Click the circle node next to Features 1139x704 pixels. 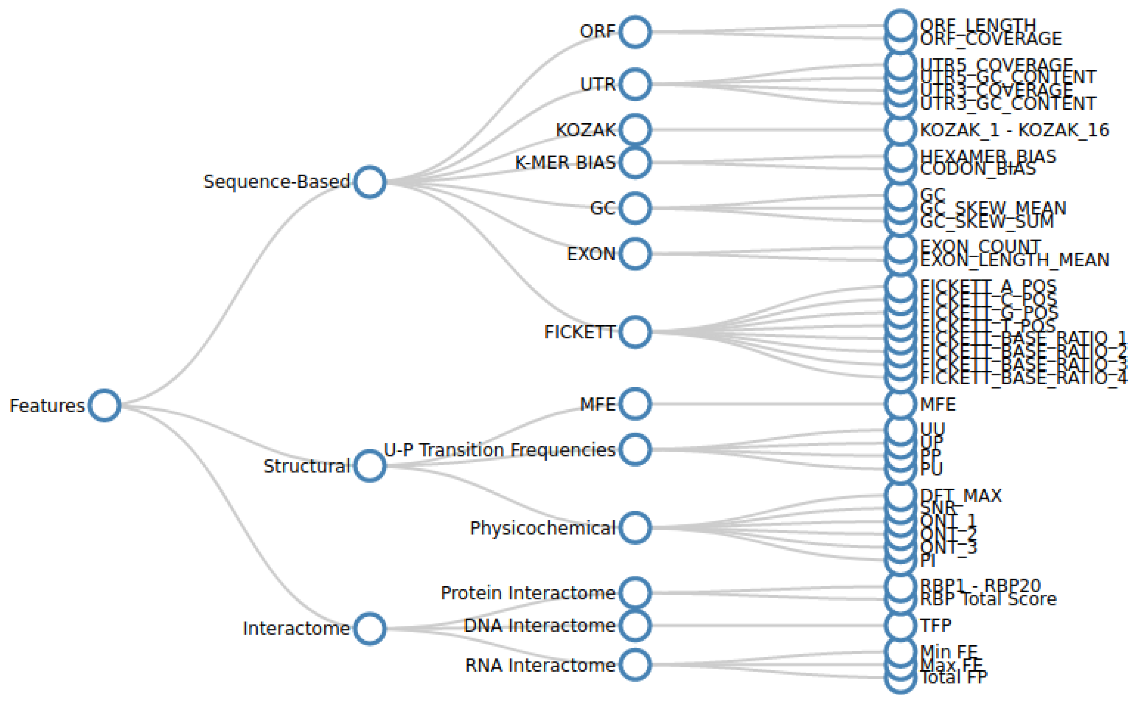(x=104, y=405)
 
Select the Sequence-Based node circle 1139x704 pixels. (x=369, y=182)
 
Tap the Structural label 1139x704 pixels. (x=306, y=466)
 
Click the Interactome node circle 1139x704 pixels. (x=369, y=628)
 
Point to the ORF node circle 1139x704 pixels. (x=635, y=32)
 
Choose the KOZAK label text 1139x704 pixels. (x=586, y=130)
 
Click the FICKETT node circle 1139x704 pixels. (x=635, y=332)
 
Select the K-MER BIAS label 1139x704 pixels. (x=565, y=162)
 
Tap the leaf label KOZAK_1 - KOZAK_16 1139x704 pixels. (x=1014, y=130)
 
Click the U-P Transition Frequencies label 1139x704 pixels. (x=499, y=450)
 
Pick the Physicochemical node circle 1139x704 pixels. (x=635, y=527)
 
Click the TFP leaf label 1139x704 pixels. (x=935, y=625)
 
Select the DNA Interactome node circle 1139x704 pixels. (x=635, y=625)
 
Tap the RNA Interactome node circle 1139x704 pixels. (x=635, y=664)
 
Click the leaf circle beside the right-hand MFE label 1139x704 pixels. (x=900, y=404)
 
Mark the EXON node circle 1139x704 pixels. (x=635, y=254)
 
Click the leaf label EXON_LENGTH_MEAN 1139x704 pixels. (x=1014, y=260)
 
